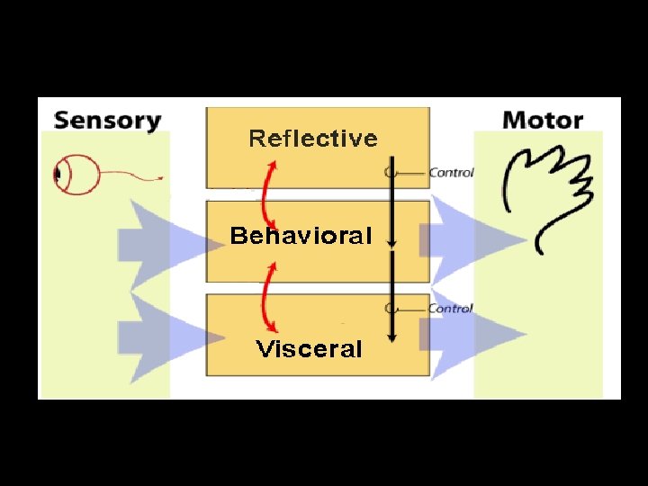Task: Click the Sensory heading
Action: click(107, 120)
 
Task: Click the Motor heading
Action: click(543, 120)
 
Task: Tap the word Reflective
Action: click(312, 139)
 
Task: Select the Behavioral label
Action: click(301, 237)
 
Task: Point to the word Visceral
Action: click(309, 349)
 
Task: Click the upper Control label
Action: click(451, 172)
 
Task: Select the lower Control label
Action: click(450, 309)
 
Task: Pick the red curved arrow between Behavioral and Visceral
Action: click(267, 296)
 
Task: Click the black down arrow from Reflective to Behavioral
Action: click(392, 202)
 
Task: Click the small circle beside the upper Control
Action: click(389, 172)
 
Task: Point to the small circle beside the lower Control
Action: click(389, 309)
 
